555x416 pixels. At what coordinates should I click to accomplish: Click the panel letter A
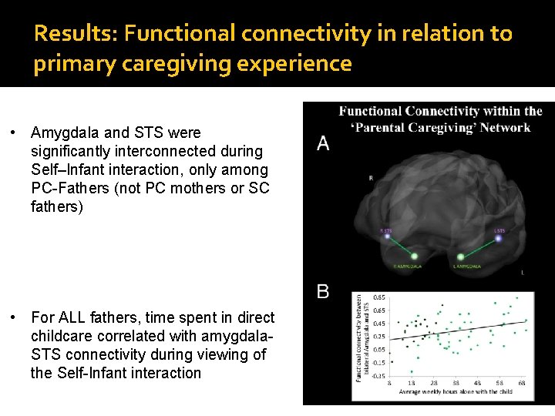(323, 143)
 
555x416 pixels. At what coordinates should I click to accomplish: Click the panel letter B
(323, 292)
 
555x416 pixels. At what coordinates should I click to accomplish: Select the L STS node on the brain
(499, 238)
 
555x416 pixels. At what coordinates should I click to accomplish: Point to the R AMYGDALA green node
(415, 257)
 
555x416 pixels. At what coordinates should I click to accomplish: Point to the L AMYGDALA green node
(461, 257)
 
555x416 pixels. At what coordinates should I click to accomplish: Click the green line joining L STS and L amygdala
(480, 247)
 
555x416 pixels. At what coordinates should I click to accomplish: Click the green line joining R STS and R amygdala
(401, 247)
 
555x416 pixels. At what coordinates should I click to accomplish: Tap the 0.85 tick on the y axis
(380, 297)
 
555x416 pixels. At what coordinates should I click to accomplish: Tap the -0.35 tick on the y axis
(379, 375)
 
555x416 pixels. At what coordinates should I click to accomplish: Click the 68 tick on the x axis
(522, 383)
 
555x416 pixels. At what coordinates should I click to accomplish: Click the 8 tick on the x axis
(389, 383)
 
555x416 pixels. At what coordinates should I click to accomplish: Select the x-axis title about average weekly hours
(456, 392)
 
